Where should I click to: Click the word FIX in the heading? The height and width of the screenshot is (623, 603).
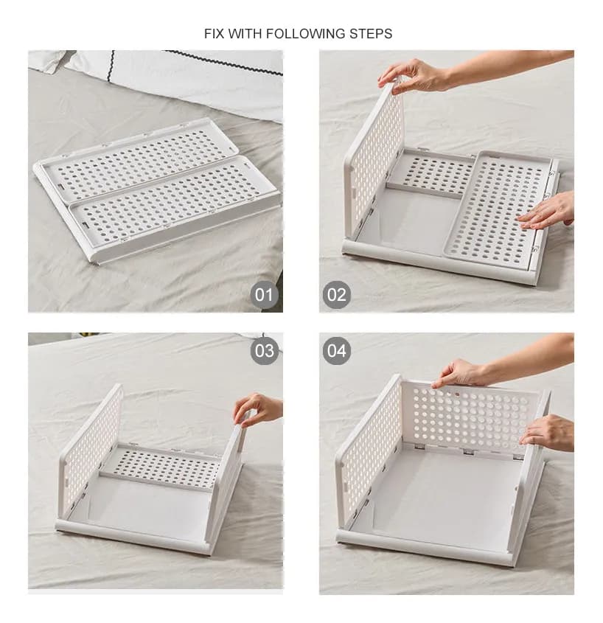tap(215, 34)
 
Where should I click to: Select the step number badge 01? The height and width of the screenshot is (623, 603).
tap(264, 296)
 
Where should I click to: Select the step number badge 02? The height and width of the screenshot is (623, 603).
tap(336, 296)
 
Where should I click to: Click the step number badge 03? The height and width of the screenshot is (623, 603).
tap(264, 350)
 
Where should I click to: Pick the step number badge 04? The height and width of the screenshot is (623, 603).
tap(336, 350)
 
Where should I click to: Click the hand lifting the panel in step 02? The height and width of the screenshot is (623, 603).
tap(413, 74)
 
